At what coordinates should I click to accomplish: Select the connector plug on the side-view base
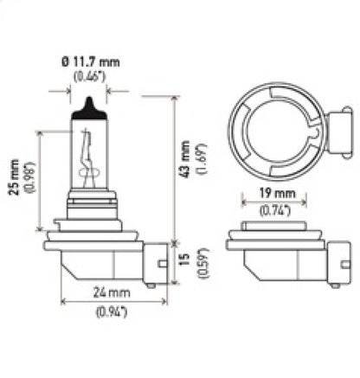click(157, 260)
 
